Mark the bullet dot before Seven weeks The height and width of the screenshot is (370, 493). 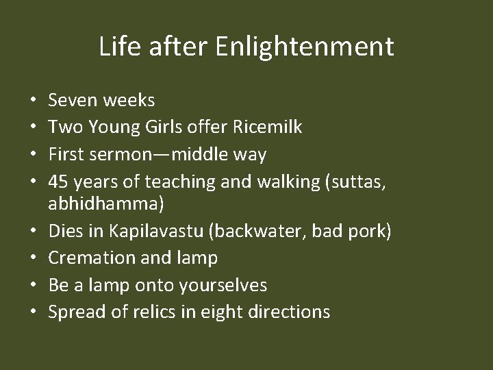[x=33, y=101]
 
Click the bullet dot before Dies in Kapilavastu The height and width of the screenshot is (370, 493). [x=33, y=233]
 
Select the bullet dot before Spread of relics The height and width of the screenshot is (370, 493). [x=33, y=312]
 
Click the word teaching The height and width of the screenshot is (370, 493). [x=168, y=181]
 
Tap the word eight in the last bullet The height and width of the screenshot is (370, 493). [x=220, y=312]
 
